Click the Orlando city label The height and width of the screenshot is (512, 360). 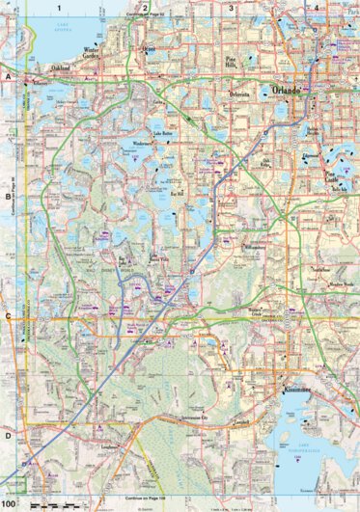pyautogui.click(x=287, y=89)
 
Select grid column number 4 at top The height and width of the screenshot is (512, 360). pyautogui.click(x=317, y=8)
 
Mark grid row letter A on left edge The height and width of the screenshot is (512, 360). pyautogui.click(x=7, y=74)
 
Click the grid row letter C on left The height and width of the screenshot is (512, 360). pyautogui.click(x=7, y=315)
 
